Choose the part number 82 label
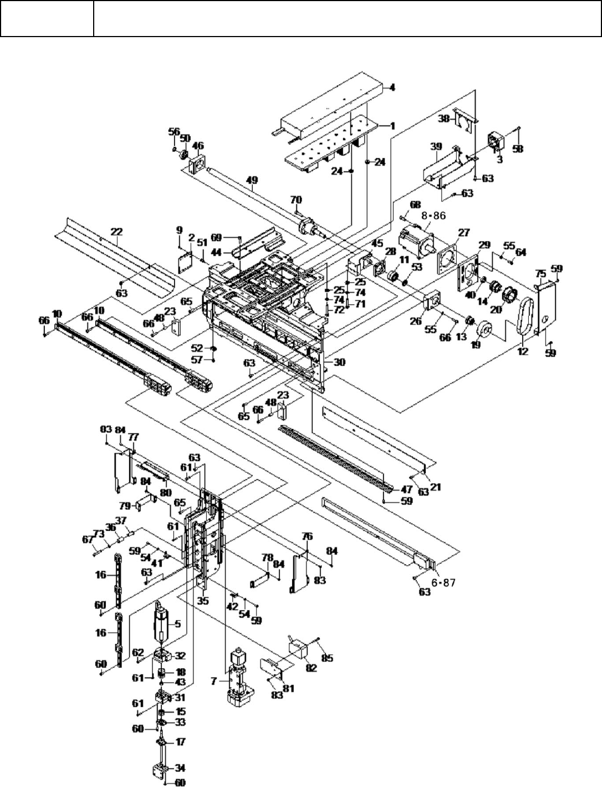[x=312, y=669]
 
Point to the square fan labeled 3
[x=496, y=141]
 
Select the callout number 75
[x=540, y=273]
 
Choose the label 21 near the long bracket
[x=436, y=487]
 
